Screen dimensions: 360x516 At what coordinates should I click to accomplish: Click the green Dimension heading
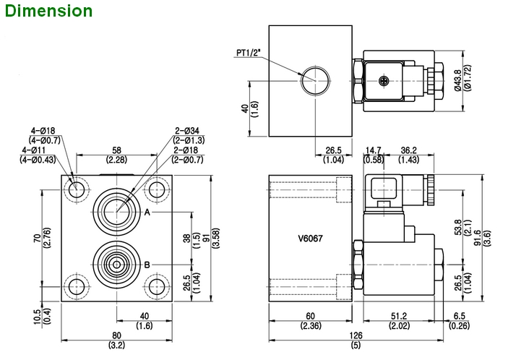(47, 11)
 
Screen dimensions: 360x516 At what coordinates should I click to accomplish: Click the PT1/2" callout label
(251, 52)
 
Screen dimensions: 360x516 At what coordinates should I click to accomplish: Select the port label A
(147, 213)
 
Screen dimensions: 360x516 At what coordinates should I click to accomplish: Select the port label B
(147, 265)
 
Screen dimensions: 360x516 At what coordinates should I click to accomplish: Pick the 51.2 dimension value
(399, 316)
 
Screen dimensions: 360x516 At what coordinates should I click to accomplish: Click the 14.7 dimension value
(374, 150)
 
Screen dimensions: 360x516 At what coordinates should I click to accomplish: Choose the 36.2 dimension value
(409, 150)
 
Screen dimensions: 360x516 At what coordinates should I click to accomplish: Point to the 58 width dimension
(116, 150)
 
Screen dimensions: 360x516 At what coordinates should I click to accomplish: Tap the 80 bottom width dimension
(116, 336)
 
